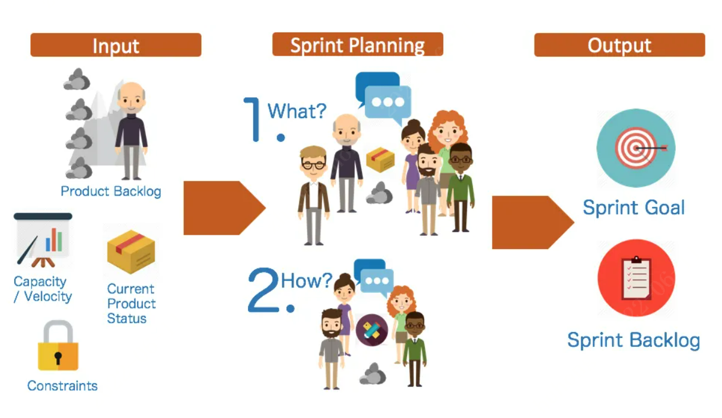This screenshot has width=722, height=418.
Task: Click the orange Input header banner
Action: [x=116, y=45]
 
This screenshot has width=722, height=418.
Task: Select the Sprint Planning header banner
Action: [x=357, y=45]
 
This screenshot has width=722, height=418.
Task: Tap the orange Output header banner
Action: [x=619, y=45]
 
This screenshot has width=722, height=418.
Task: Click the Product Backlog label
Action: [x=111, y=192]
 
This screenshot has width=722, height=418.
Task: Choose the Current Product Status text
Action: [x=131, y=304]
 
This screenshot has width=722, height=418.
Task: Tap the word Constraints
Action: [x=62, y=386]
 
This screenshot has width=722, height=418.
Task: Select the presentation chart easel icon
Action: [x=43, y=240]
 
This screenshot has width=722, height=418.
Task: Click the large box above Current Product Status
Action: [x=131, y=251]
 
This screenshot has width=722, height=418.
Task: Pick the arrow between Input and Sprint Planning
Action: [x=222, y=208]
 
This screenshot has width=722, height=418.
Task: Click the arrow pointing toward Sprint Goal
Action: [x=531, y=222]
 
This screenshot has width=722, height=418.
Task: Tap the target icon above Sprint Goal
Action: [x=635, y=148]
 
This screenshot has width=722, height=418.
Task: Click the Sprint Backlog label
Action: [x=634, y=340]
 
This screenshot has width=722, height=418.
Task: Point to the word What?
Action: [x=297, y=111]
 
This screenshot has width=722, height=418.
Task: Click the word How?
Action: [x=306, y=280]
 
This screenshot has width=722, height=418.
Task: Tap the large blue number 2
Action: [x=263, y=291]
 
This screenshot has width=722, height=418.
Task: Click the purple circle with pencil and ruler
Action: [x=372, y=330]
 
